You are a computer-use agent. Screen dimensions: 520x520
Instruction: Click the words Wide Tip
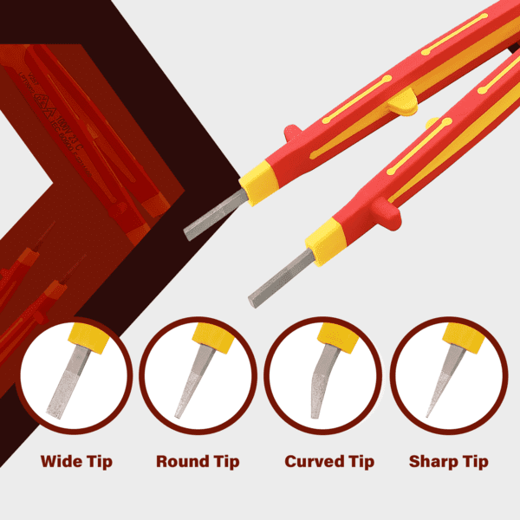pyautogui.click(x=76, y=461)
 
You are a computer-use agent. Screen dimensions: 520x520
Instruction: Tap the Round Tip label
pyautogui.click(x=198, y=461)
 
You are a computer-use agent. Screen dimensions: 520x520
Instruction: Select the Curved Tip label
pyautogui.click(x=329, y=461)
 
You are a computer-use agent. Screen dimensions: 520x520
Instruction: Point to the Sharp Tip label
pyautogui.click(x=448, y=461)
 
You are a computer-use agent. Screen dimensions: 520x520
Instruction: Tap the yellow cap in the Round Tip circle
pyautogui.click(x=211, y=339)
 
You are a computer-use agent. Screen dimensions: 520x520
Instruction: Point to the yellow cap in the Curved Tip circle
pyautogui.click(x=334, y=338)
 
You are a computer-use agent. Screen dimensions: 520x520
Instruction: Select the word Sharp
pyautogui.click(x=432, y=461)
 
